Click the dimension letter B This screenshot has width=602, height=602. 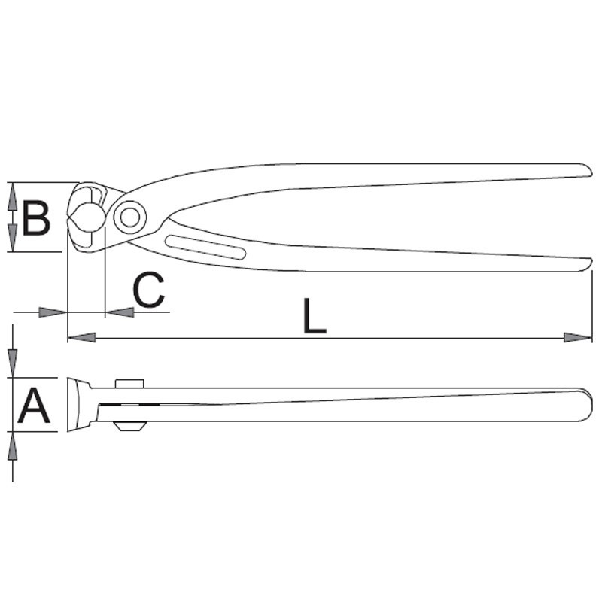click(x=35, y=218)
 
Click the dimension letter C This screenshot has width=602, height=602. click(x=148, y=290)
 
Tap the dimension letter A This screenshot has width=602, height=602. click(x=34, y=406)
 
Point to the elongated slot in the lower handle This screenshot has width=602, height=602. click(x=204, y=248)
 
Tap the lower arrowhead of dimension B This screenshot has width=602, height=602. click(x=12, y=239)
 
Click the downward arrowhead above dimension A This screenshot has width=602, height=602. click(x=13, y=364)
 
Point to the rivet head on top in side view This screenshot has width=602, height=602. click(x=129, y=383)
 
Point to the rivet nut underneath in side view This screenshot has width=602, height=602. click(x=129, y=426)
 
